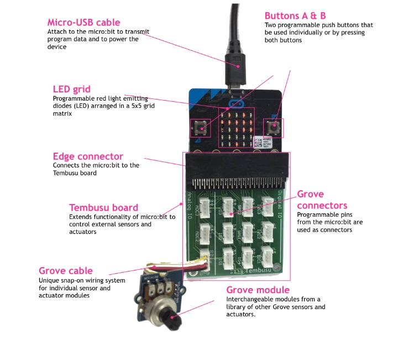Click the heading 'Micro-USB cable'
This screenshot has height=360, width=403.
(x=83, y=22)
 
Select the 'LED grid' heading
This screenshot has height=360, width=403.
(x=71, y=89)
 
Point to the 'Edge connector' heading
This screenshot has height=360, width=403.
(x=88, y=156)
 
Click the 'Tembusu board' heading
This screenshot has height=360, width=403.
(x=103, y=207)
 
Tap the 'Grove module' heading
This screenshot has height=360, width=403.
(x=258, y=290)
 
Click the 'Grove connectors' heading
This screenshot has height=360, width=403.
(x=318, y=200)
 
